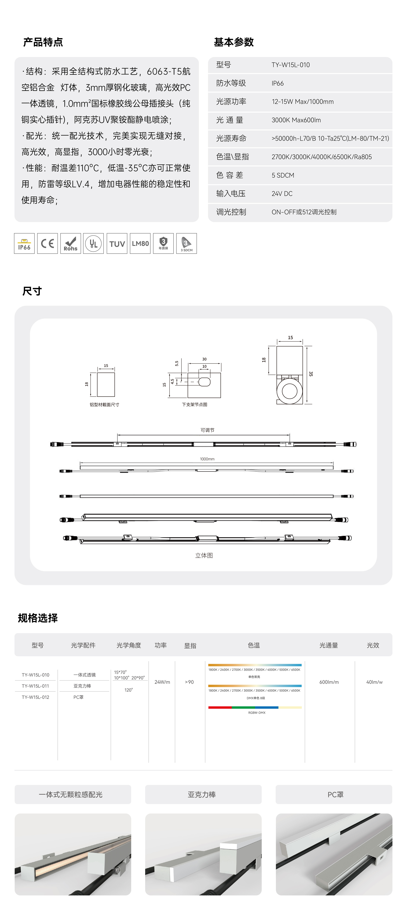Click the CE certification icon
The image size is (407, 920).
click(47, 244)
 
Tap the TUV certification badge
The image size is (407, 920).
click(117, 244)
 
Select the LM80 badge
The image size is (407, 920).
click(140, 244)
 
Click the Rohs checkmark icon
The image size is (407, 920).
click(71, 244)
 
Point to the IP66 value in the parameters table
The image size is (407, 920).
click(277, 83)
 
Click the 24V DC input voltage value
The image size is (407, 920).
click(282, 194)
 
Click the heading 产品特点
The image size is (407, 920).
click(43, 42)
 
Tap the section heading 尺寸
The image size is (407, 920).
click(32, 291)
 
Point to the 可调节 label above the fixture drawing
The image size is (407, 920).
click(207, 430)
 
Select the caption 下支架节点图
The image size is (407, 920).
click(194, 405)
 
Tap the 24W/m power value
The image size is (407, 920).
click(162, 682)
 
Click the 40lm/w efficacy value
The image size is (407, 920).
click(374, 682)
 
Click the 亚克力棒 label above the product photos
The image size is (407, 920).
click(202, 795)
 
